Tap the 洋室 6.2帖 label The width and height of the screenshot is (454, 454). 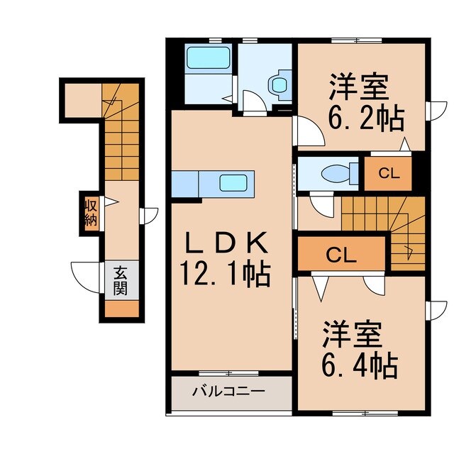click(365, 103)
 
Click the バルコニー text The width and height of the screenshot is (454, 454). click(229, 391)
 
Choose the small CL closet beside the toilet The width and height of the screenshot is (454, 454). click(387, 172)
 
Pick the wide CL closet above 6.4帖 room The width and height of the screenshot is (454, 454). click(340, 255)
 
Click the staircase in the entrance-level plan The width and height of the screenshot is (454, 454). click(118, 135)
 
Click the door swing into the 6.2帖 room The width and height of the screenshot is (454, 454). click(306, 132)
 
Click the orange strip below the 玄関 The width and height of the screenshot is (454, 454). click(118, 309)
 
